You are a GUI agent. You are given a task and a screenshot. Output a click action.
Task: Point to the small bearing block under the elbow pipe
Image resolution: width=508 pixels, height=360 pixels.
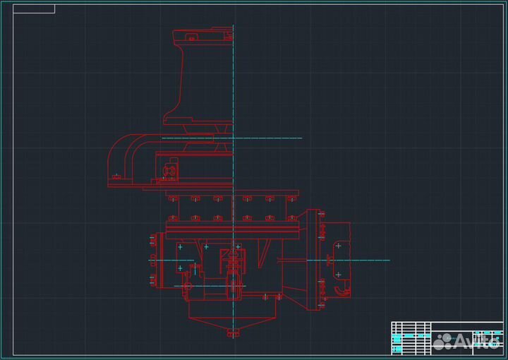coord(169,170)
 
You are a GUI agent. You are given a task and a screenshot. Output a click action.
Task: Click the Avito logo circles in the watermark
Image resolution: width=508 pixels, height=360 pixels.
coord(442,342)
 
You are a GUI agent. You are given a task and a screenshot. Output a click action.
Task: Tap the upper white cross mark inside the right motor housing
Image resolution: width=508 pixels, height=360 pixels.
coord(338,246)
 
